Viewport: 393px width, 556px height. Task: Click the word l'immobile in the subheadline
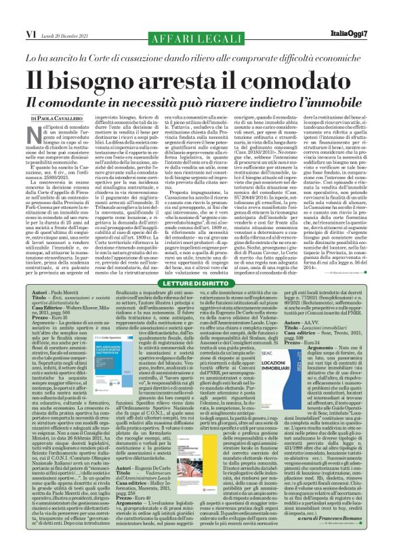tap(337, 97)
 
